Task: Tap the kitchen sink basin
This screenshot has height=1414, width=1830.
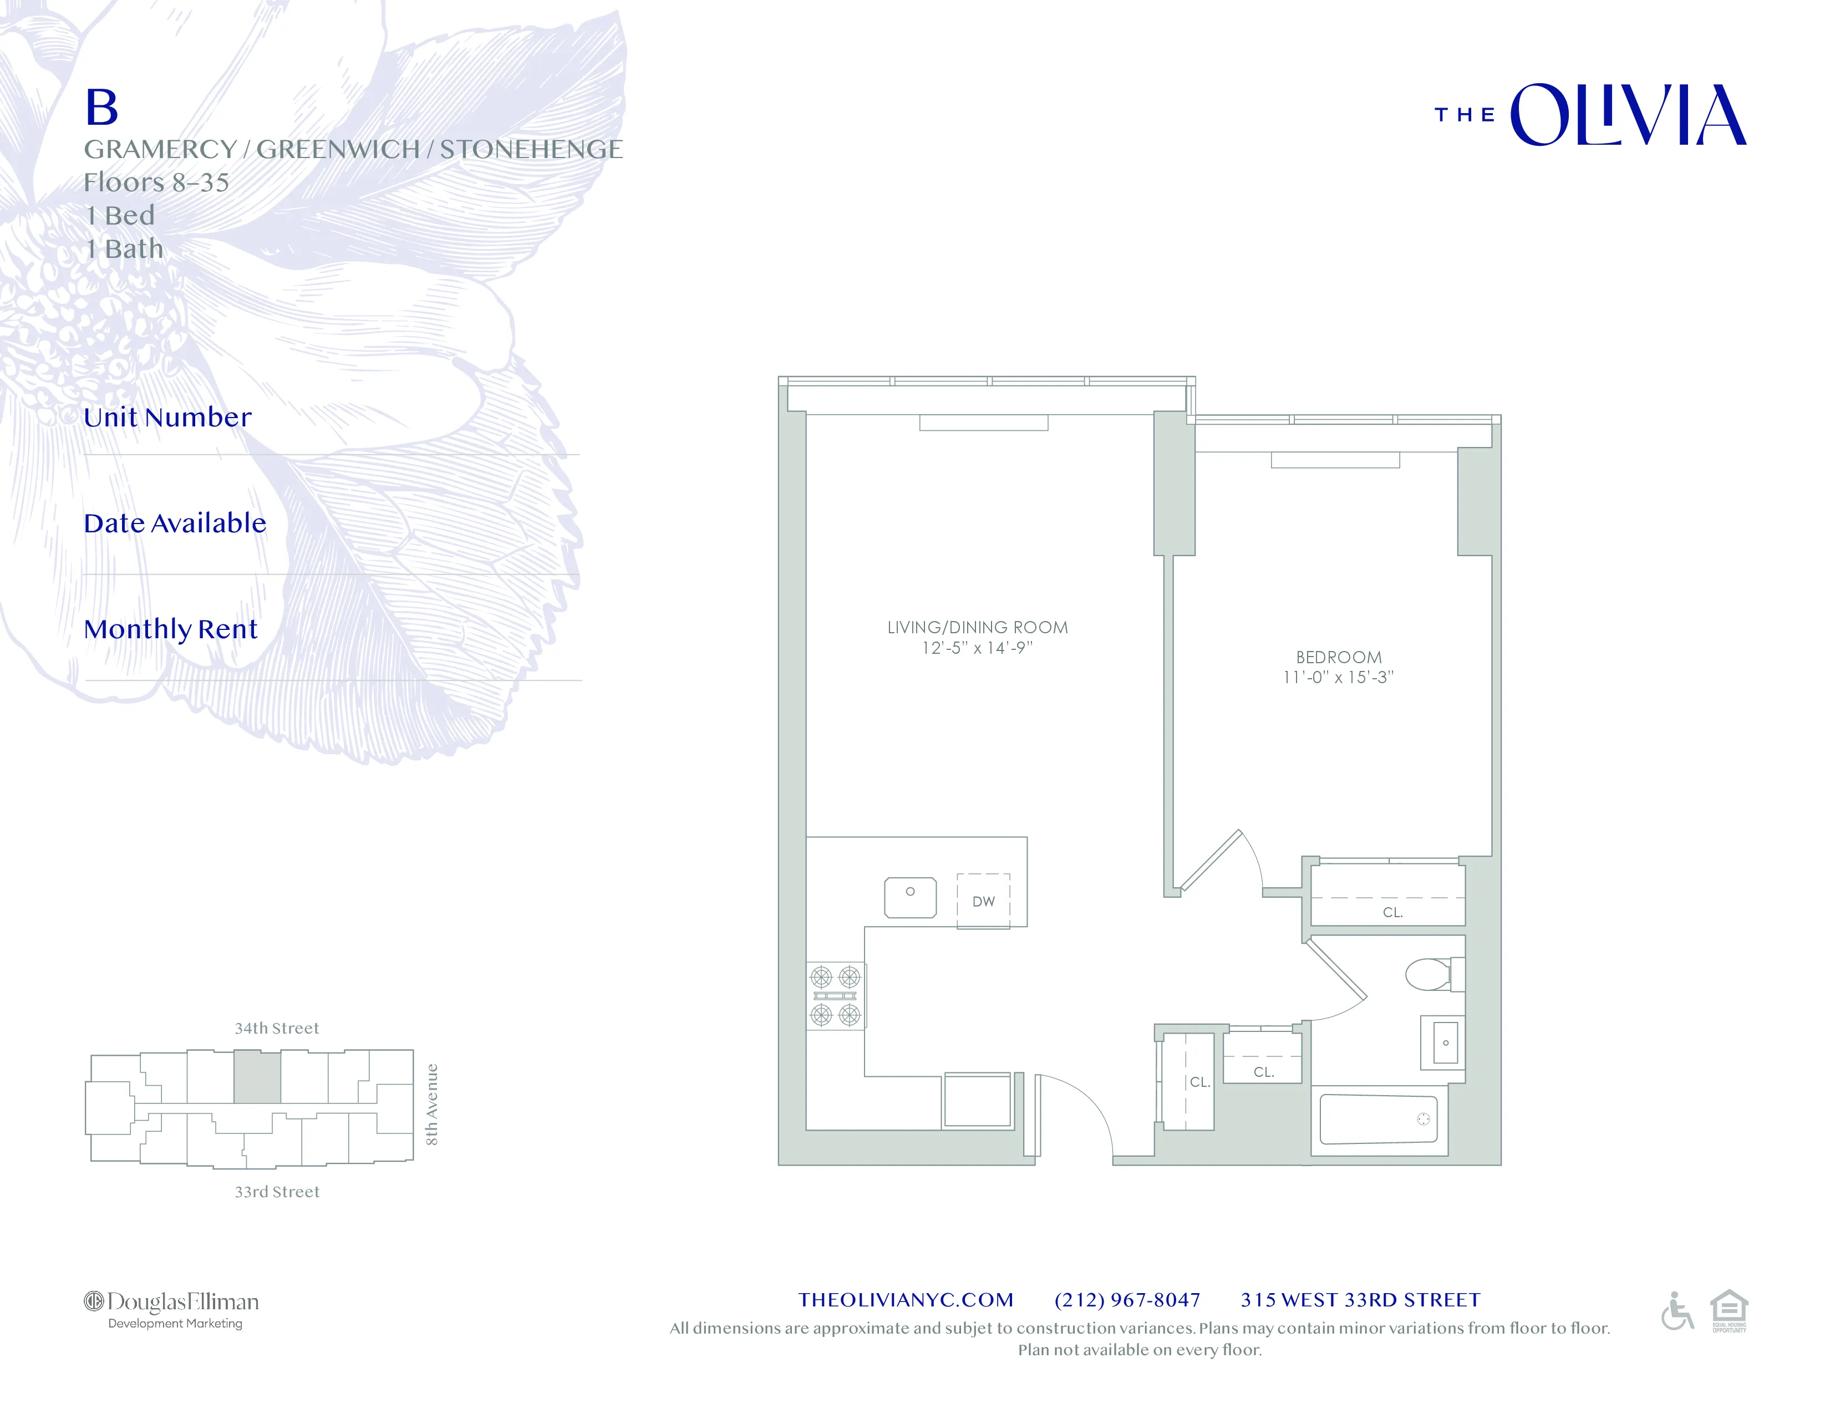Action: (910, 897)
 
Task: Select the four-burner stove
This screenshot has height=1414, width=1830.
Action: (835, 996)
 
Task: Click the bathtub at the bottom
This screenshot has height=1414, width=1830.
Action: (1379, 1119)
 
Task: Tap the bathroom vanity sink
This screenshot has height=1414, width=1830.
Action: (1445, 1043)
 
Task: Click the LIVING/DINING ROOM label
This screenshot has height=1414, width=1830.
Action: (977, 627)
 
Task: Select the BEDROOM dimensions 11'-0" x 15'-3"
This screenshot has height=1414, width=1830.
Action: (1338, 678)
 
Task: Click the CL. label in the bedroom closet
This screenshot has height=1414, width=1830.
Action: (1392, 912)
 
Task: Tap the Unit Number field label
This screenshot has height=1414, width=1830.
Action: (167, 417)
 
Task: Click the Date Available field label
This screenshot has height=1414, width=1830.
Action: (175, 523)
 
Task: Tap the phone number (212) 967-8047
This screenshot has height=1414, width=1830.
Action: (1127, 1299)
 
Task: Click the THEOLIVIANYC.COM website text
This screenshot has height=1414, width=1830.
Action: (906, 1299)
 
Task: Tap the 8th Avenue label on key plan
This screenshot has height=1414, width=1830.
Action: (431, 1104)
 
